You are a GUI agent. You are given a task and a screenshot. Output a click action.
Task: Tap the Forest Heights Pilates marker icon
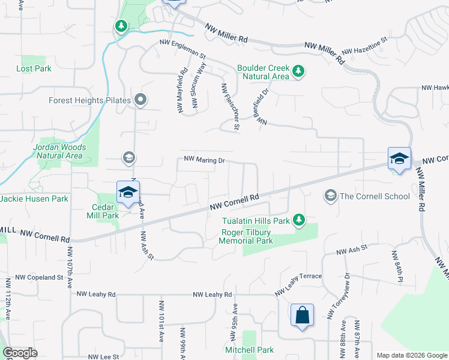click(x=140, y=100)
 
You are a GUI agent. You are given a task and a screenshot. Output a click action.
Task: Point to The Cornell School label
click(x=375, y=196)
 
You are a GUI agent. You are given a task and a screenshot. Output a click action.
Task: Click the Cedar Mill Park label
click(x=102, y=211)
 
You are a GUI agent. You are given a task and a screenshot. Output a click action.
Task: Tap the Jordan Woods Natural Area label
click(x=59, y=151)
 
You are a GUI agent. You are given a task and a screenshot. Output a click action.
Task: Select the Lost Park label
click(x=34, y=68)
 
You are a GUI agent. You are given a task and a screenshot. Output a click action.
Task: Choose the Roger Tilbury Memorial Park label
click(x=247, y=237)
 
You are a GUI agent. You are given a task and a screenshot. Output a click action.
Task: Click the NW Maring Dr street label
click(x=204, y=160)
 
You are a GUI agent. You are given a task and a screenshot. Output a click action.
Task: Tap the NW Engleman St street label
click(x=182, y=43)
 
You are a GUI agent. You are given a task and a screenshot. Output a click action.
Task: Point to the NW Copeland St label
click(x=39, y=277)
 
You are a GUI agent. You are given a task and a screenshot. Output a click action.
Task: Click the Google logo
click(x=20, y=353)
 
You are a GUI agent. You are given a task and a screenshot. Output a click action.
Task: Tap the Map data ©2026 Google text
click(x=411, y=355)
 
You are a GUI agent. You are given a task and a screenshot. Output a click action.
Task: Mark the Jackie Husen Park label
click(x=34, y=199)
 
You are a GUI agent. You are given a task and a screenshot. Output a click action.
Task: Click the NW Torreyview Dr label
click(x=338, y=296)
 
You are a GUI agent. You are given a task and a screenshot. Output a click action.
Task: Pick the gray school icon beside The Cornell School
click(x=330, y=196)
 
